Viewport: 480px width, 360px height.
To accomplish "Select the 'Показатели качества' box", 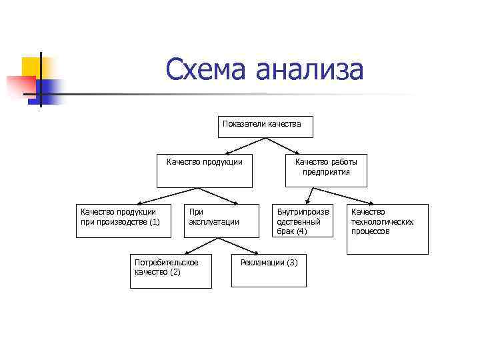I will (x=265, y=127).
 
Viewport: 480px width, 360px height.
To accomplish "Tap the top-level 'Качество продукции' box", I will (x=205, y=172).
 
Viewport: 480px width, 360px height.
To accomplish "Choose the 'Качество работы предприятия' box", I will (x=326, y=171).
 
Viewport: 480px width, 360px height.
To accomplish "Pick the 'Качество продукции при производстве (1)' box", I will (x=123, y=220).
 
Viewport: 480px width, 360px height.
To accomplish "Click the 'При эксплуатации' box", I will (x=221, y=220).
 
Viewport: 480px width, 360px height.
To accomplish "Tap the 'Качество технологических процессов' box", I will (x=387, y=229).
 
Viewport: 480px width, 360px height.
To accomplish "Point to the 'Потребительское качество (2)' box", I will (x=171, y=270).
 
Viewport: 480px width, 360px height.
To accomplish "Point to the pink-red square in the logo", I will (x=20, y=87).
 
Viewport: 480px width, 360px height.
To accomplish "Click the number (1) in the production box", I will (x=155, y=222).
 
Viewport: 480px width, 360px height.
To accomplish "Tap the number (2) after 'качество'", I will (x=175, y=271).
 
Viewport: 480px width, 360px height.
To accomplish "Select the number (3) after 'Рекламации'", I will (x=292, y=262).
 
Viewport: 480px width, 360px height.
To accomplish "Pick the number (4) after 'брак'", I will (x=301, y=231).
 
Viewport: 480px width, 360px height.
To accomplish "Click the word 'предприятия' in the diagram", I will (x=326, y=171).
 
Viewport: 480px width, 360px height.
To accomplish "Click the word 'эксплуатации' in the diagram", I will (x=214, y=221).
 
